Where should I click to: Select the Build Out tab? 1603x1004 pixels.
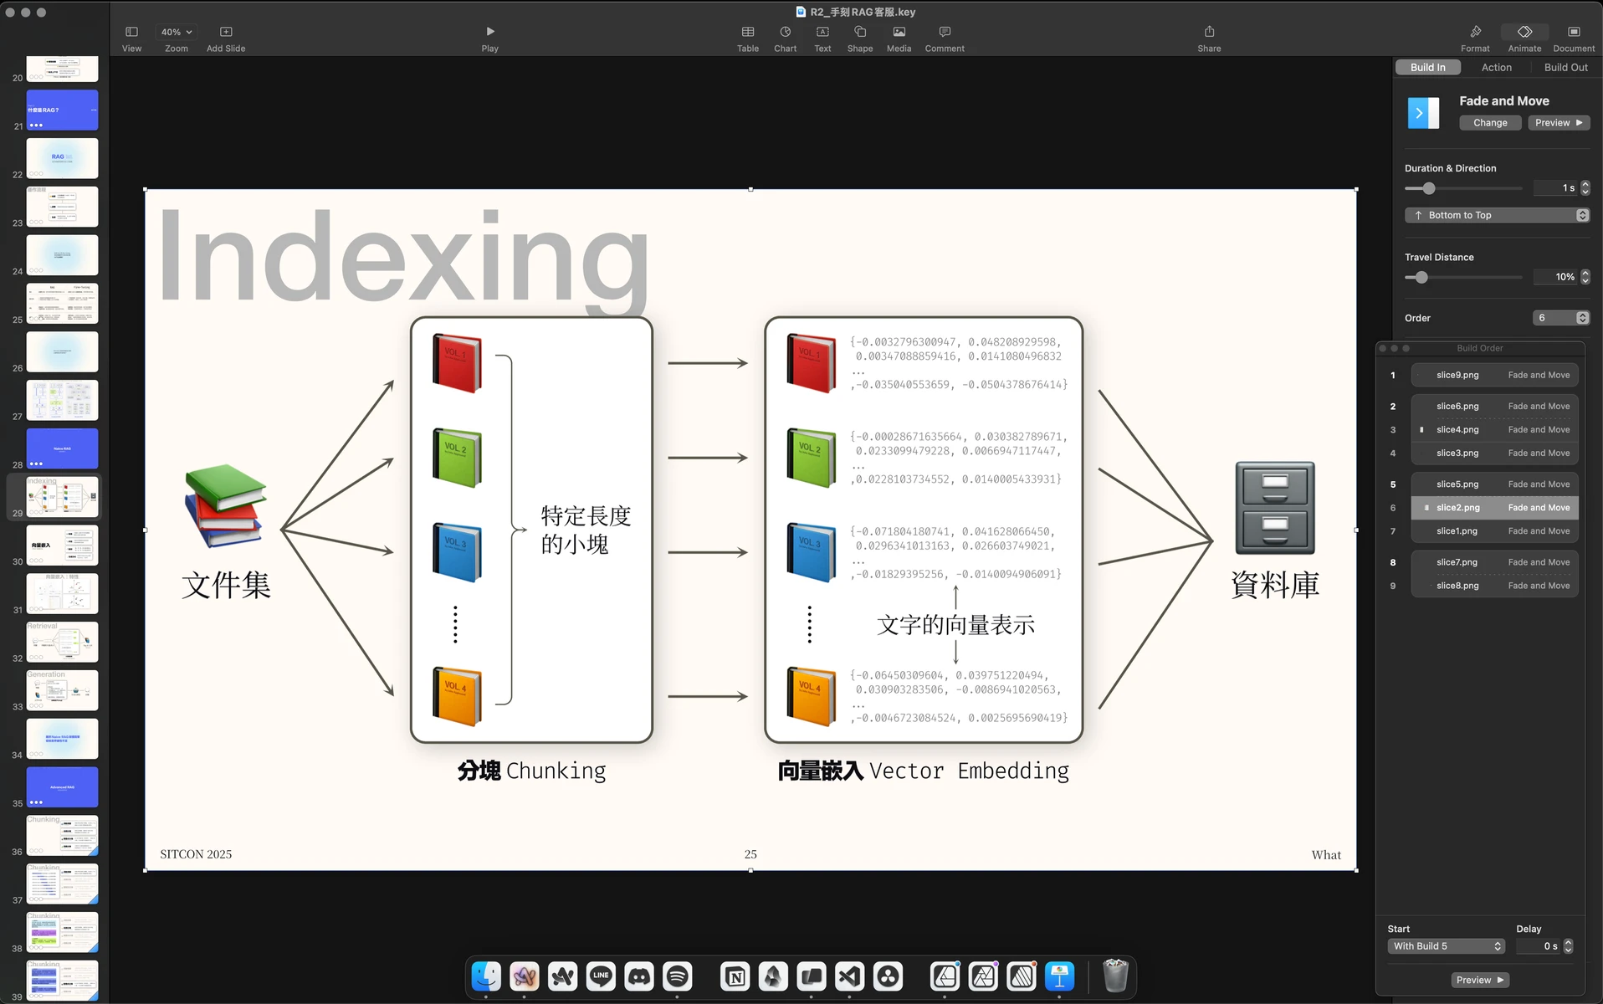click(1565, 68)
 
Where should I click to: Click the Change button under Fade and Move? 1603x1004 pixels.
click(1490, 123)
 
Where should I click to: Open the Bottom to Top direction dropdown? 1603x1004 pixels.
click(1496, 216)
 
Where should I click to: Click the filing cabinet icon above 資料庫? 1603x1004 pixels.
click(1274, 508)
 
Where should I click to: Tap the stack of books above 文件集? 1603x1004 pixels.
click(224, 505)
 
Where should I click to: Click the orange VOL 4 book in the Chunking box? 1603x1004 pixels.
click(457, 695)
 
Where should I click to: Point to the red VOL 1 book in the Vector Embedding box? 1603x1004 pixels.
click(811, 362)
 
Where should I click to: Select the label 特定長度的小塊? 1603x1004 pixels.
click(585, 530)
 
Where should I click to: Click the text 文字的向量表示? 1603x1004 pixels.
click(955, 625)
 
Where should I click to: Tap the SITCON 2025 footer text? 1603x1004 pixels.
click(196, 854)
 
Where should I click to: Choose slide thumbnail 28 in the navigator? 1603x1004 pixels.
click(62, 448)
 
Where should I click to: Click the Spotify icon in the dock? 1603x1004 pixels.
click(677, 976)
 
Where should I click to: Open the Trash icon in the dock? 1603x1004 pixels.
click(1114, 976)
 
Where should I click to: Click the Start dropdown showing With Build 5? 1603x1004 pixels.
click(1446, 946)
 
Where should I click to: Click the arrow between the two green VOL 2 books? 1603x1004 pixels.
click(707, 458)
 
